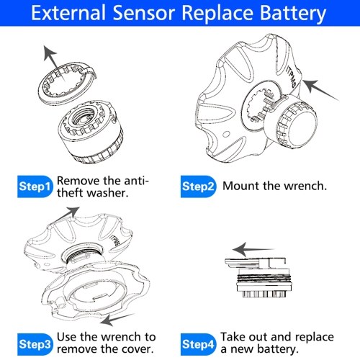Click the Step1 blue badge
tap(35, 186)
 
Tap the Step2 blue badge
tap(198, 186)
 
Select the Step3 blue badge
tap(35, 344)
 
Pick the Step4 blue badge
tap(198, 344)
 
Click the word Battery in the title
tap(292, 13)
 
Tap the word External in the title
tap(68, 12)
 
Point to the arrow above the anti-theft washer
tap(54, 63)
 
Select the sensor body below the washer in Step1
tap(91, 132)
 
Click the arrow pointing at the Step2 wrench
tap(320, 90)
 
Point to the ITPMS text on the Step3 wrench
tap(114, 240)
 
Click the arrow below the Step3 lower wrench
tap(117, 319)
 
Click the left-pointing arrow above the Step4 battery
tap(253, 250)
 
